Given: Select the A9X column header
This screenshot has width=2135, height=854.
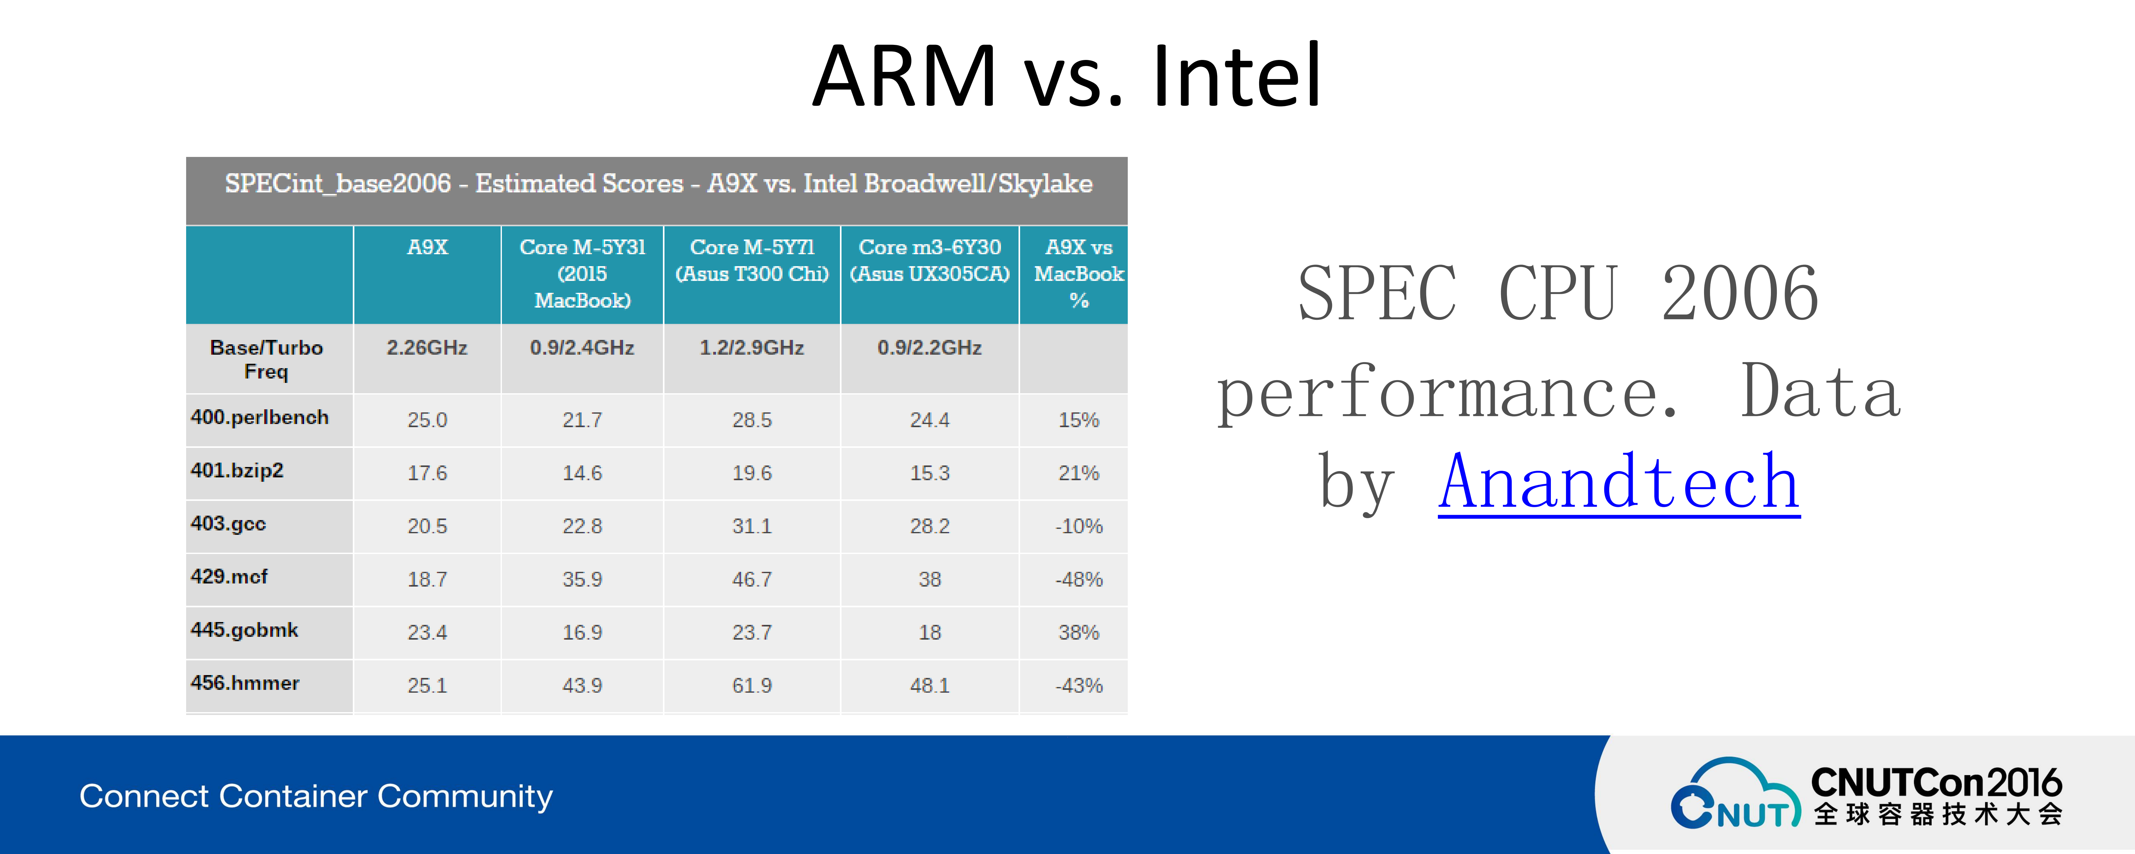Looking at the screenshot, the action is pos(428,247).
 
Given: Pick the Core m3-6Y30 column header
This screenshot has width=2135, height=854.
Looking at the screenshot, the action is pos(930,260).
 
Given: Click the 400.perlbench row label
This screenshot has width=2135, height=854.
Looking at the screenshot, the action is pos(259,417).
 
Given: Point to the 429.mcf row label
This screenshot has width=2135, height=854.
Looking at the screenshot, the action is pos(229,576).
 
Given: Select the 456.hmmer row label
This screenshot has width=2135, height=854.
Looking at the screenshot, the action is pos(245,682).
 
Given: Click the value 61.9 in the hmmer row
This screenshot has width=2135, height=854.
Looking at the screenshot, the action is pos(752,685).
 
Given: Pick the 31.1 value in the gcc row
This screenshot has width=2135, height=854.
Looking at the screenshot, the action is pos(752,526).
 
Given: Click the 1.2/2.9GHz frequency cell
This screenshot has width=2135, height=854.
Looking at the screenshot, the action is pos(752,347).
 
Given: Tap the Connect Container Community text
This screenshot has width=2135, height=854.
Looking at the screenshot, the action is pos(316,796).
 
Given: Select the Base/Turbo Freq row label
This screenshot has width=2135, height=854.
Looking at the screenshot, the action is pos(266,359).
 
